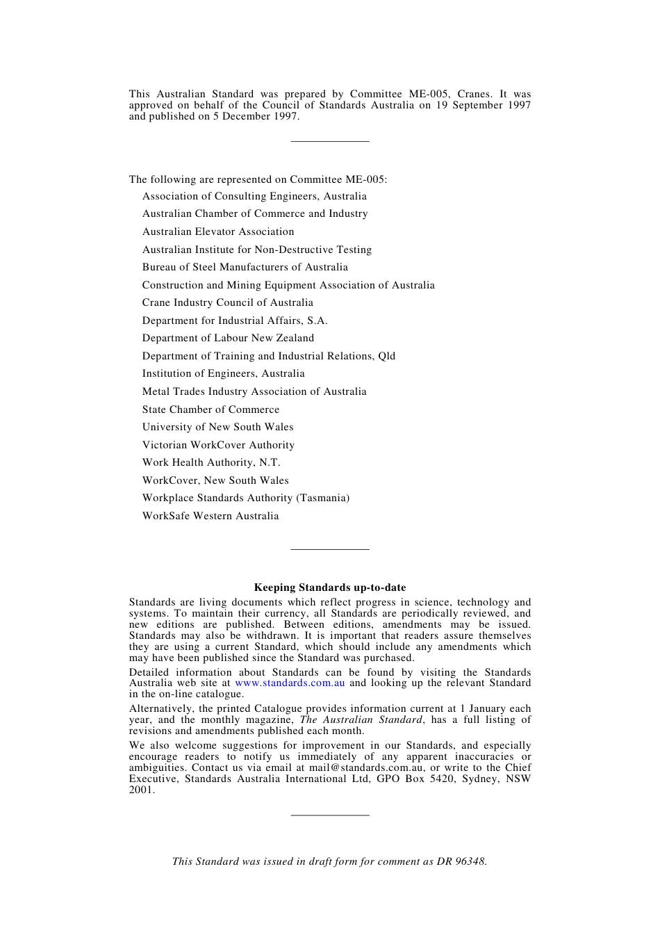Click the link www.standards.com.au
tap(290, 683)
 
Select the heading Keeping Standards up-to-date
tap(330, 587)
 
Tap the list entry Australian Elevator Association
tap(218, 231)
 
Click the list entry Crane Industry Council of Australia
tap(228, 302)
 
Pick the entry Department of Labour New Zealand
tap(228, 338)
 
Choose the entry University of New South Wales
tap(217, 427)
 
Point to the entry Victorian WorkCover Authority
tap(218, 445)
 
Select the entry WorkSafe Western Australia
tap(211, 516)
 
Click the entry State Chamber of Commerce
tap(211, 409)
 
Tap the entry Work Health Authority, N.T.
tap(211, 462)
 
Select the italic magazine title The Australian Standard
tap(361, 720)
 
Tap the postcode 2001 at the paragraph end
tap(141, 790)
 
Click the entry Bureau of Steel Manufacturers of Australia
tap(245, 267)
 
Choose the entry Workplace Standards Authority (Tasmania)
tap(246, 498)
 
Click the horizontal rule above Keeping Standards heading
tap(330, 550)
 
